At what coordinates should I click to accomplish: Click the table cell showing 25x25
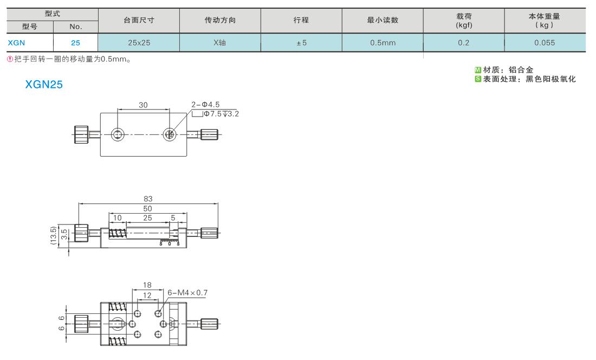coord(139,43)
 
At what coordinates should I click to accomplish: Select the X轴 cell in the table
coord(220,43)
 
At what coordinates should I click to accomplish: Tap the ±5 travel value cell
coord(301,43)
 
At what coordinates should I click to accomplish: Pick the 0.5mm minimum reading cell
coord(383,43)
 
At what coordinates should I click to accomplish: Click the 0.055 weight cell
coord(545,43)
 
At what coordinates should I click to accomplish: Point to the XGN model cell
coord(30,43)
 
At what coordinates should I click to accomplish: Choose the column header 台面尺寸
coord(139,20)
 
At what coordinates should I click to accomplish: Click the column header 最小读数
coord(383,20)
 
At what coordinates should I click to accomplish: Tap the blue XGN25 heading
coord(44,85)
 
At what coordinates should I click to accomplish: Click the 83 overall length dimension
coord(148,199)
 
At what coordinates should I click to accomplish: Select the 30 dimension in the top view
coord(143,105)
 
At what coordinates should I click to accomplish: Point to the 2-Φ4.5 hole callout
coord(205,105)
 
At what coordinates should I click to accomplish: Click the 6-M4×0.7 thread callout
coord(187,293)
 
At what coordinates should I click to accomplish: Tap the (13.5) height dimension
coord(53,235)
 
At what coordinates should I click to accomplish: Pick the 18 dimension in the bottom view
coord(147,285)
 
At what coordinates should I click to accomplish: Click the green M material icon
coord(478,70)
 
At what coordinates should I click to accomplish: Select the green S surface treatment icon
coord(478,79)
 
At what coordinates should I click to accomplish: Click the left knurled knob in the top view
coord(81,134)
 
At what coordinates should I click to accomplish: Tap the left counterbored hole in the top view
coord(118,134)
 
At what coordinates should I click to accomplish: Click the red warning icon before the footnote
coord(10,59)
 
